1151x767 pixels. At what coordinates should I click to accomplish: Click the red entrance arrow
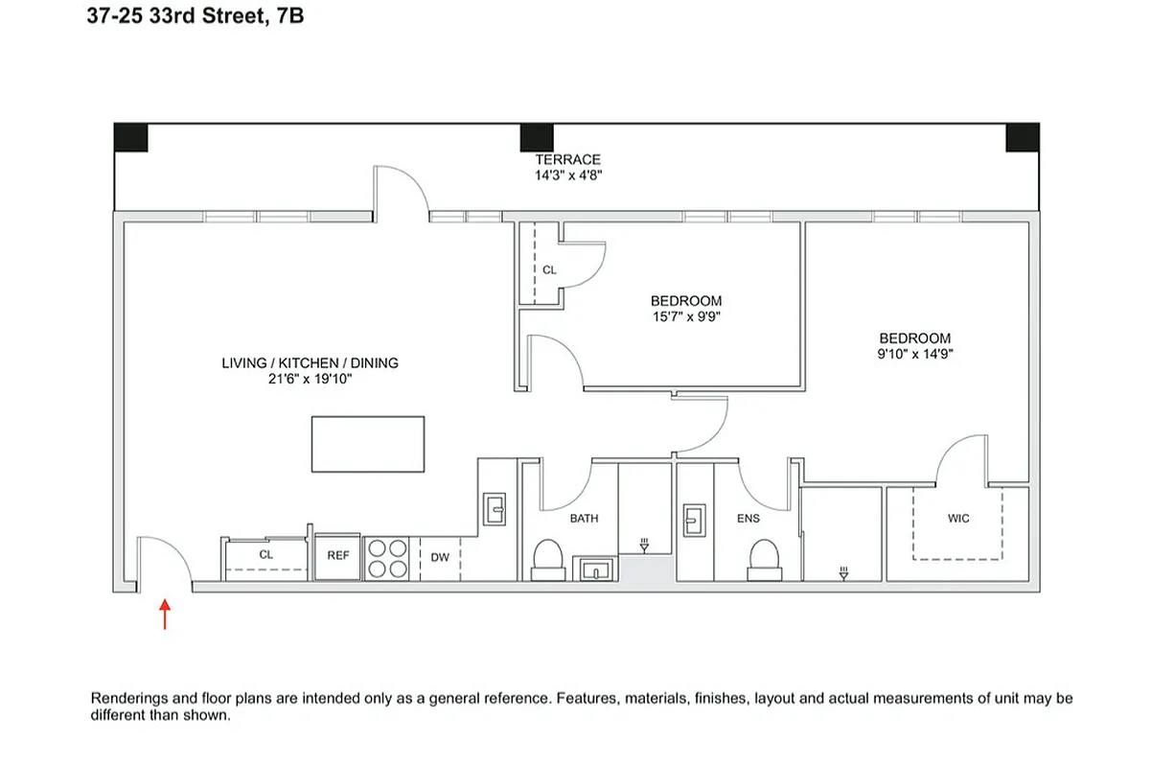pos(165,614)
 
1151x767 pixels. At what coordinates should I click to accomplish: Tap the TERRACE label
pos(567,159)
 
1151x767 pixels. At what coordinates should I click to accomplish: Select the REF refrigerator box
pos(337,556)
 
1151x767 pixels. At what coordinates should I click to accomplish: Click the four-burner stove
pos(388,557)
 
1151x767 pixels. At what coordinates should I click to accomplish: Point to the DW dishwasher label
pos(438,557)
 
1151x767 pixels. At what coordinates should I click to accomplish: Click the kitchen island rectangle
pos(367,443)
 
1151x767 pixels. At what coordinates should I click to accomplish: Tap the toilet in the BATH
pos(547,559)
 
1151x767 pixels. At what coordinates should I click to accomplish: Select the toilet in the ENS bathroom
pos(764,559)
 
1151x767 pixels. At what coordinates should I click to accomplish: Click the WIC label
pos(957,519)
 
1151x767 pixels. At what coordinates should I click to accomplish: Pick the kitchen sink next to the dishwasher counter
pos(495,507)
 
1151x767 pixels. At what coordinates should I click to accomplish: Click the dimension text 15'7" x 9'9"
pos(685,317)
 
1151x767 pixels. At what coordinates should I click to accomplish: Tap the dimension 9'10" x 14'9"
pos(915,354)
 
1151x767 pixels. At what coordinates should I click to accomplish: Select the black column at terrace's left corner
pos(130,137)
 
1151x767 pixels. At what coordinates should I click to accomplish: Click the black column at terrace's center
pos(537,137)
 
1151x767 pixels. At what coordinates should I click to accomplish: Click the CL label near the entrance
pos(265,554)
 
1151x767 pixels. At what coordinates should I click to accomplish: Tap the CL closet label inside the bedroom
pos(549,270)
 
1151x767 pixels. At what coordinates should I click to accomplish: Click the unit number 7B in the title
pos(289,15)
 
